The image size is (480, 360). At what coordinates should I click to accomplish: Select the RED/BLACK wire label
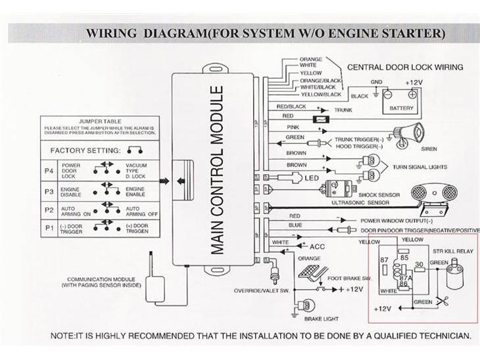pos(291,106)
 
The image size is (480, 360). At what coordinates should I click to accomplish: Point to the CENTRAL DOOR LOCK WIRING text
pos(404,67)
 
